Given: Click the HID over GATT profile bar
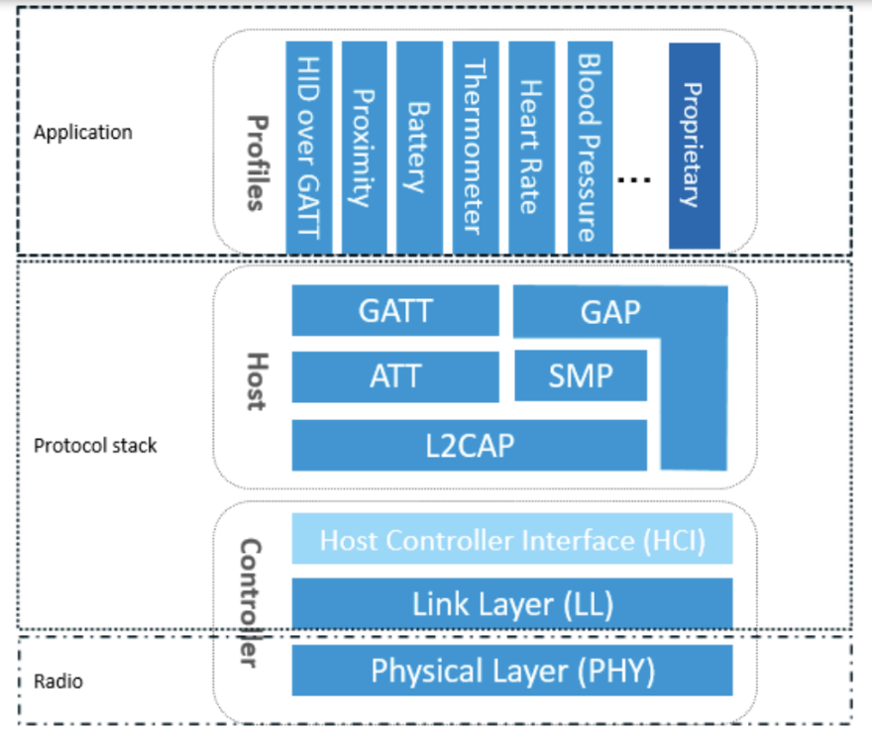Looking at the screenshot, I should [308, 146].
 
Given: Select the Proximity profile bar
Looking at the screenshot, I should [364, 146].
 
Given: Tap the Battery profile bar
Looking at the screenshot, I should [419, 146].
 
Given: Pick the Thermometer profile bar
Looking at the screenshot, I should [476, 146].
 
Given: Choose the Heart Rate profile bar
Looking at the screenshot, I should [531, 146].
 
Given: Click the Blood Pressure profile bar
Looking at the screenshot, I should [588, 146].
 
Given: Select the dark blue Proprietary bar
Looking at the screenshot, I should [694, 146].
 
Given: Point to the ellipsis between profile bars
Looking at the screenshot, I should [634, 179].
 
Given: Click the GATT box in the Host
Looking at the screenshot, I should [394, 311].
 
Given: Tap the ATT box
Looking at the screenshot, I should [394, 376].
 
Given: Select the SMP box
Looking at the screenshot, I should [580, 376].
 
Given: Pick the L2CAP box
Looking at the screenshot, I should [469, 445].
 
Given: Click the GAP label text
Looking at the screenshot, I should [610, 312].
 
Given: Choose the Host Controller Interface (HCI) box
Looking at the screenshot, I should [511, 540].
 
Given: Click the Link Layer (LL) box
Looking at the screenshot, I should [511, 602].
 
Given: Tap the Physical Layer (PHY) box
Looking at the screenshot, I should [511, 671].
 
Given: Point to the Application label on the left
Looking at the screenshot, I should [82, 132].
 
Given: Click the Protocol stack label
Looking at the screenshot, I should [95, 446].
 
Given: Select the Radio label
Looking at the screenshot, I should [58, 682].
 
